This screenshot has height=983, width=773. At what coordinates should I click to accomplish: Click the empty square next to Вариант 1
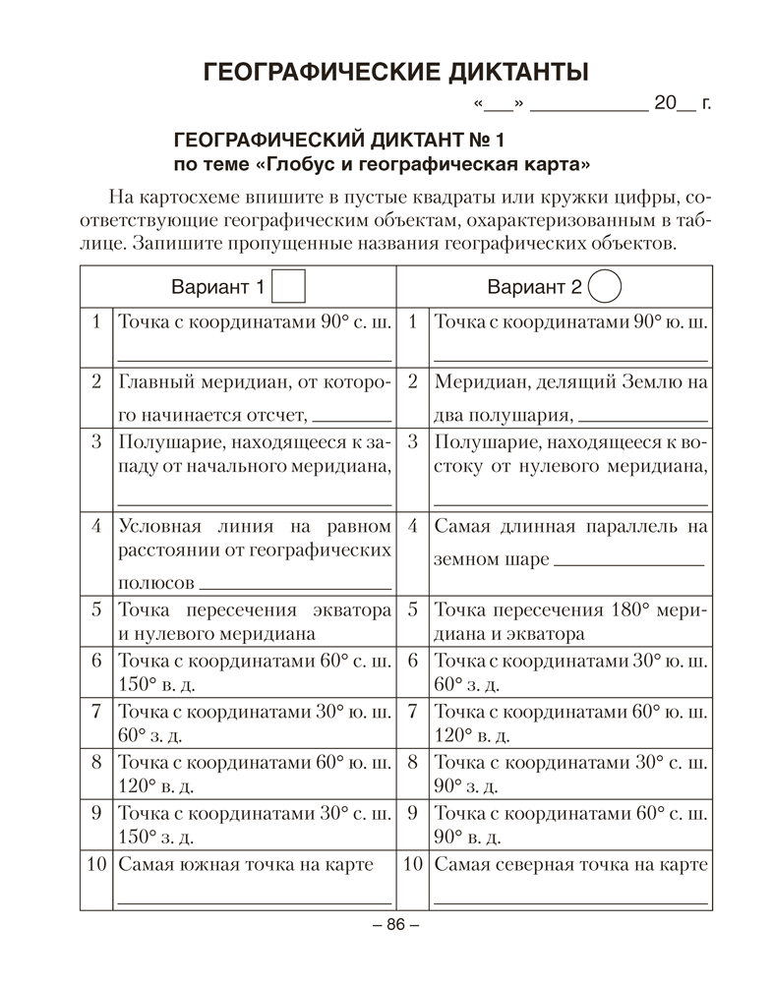tap(288, 287)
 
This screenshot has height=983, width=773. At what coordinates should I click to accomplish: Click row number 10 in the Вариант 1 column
tap(96, 865)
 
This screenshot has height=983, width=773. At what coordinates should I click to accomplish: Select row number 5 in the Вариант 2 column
tap(413, 609)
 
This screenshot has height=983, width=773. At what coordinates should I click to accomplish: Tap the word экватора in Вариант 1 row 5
tap(351, 609)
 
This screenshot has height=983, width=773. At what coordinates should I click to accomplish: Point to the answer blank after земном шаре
tap(628, 562)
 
